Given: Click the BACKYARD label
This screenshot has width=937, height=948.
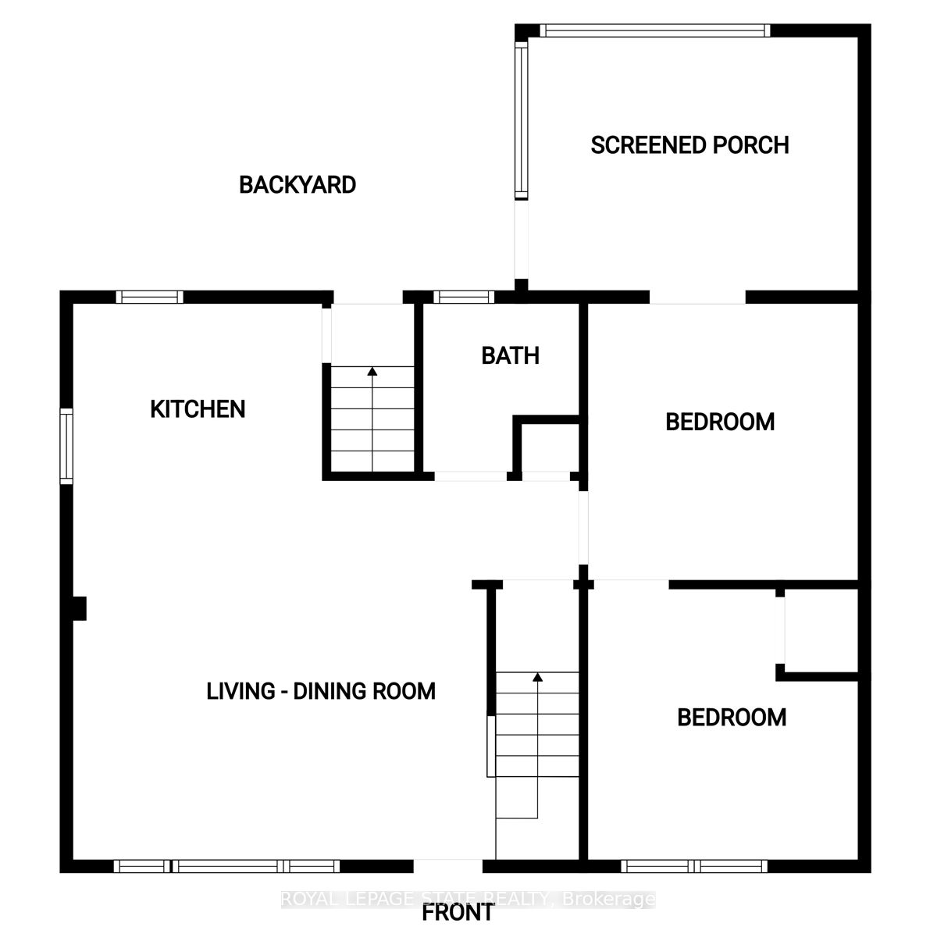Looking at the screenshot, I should [297, 185].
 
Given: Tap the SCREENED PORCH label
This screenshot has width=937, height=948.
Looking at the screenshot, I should [689, 145].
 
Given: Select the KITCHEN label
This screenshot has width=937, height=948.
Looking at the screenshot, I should [198, 409].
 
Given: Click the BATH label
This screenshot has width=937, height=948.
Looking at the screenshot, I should [510, 356].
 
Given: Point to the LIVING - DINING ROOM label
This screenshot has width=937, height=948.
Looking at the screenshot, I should [321, 691].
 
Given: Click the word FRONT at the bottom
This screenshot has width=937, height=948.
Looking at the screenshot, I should [458, 912].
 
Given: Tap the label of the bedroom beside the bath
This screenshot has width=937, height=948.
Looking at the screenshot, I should [719, 422].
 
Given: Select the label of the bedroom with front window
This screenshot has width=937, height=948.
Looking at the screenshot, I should [731, 718].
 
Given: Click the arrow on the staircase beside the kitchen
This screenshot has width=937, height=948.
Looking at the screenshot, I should [372, 372].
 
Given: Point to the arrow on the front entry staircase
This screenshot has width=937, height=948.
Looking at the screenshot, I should [537, 677].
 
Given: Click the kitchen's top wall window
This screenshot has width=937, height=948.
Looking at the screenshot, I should [149, 297].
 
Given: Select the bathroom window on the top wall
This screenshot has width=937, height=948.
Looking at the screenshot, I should [464, 297].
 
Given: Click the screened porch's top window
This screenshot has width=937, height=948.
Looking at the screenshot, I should [654, 30].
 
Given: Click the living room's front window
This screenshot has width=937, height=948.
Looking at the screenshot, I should [226, 866].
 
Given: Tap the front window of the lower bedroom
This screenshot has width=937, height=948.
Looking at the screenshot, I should [694, 866].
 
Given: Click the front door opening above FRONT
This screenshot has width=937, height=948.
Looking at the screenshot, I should [448, 866].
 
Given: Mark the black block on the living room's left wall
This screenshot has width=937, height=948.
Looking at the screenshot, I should [78, 608].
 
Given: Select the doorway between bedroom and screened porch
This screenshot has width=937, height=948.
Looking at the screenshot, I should [697, 298].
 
